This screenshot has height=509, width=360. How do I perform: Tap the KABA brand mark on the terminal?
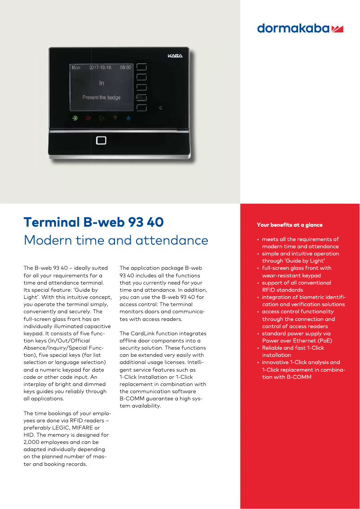(x=175, y=56)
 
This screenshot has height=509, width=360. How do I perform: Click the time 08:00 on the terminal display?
(x=125, y=67)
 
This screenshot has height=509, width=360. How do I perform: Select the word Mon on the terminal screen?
(x=76, y=67)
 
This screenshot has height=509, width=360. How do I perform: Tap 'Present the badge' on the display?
(x=101, y=97)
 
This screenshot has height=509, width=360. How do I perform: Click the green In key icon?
(x=75, y=118)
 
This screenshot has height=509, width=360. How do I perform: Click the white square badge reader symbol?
(x=101, y=140)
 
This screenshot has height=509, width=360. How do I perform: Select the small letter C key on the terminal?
(x=161, y=108)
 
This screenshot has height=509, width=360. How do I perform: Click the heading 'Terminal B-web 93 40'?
(x=93, y=222)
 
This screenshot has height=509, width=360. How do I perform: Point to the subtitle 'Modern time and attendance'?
(x=116, y=240)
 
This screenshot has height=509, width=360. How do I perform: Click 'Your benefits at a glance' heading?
(x=290, y=225)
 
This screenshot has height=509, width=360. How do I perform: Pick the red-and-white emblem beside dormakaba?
(x=337, y=29)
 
